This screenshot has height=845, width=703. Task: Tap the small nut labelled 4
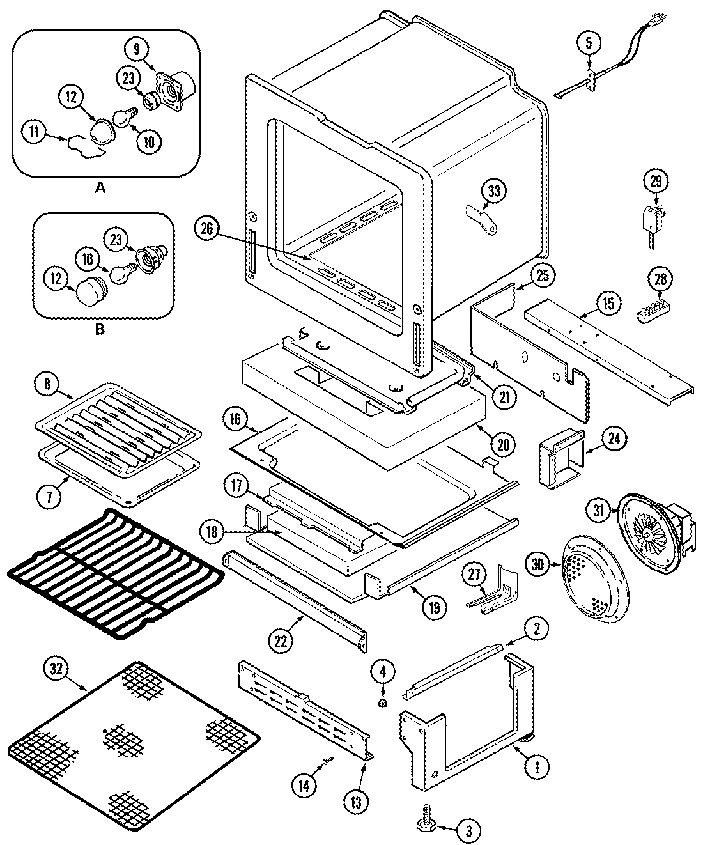[x=382, y=703]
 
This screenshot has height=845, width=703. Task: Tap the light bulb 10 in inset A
[x=123, y=118]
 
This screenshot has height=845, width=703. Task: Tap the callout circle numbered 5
[x=589, y=43]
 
